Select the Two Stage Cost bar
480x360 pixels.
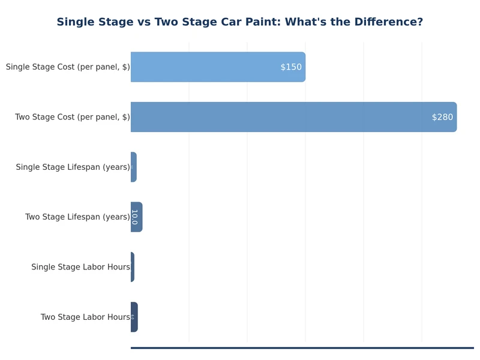pos(293,117)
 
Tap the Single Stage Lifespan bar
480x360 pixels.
pos(134,167)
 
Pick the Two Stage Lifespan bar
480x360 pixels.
pos(137,217)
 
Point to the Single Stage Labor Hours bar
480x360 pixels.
pos(133,267)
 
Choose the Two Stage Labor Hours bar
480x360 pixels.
pos(134,317)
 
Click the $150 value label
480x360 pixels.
pos(291,67)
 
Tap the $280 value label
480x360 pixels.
pos(442,117)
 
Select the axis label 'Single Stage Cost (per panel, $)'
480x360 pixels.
pos(68,67)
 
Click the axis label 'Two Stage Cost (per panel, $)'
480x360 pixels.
pos(72,117)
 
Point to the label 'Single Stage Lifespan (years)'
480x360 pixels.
pos(73,167)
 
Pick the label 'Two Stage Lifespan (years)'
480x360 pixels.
pos(77,217)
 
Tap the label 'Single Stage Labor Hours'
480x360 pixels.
pos(80,267)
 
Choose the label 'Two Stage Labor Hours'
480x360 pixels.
pos(85,317)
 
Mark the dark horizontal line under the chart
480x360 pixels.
pos(302,347)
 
